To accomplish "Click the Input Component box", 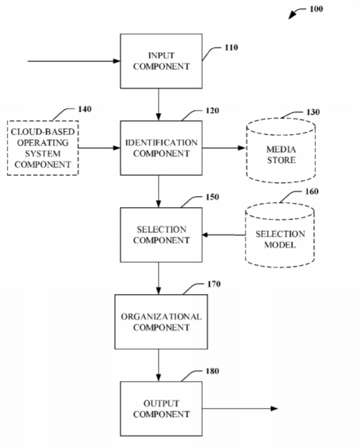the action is pos(161,61).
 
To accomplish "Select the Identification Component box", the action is pos(161,148).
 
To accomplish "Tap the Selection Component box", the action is pos(161,235).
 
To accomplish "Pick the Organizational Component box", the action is pos(161,322).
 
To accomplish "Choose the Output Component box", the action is pos(161,409).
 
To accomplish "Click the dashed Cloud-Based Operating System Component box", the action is pos(43,148).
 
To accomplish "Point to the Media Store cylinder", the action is pos(281,150).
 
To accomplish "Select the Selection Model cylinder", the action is pos(280,235).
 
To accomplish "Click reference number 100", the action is pos(317,9).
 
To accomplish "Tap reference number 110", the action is pos(231,48).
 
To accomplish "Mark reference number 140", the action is pos(85,109).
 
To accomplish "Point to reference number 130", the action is pos(313,112).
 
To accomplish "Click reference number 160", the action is pos(312,191).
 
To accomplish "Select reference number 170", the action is pos(214,284).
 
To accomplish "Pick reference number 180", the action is pos(212,371).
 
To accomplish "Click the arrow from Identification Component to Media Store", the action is pos(224,148).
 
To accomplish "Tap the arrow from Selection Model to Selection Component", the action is pos(224,235).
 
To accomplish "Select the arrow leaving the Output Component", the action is pos(241,409).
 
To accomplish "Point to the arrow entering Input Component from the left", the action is pos(74,61).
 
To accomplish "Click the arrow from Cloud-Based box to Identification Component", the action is pos(99,148).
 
